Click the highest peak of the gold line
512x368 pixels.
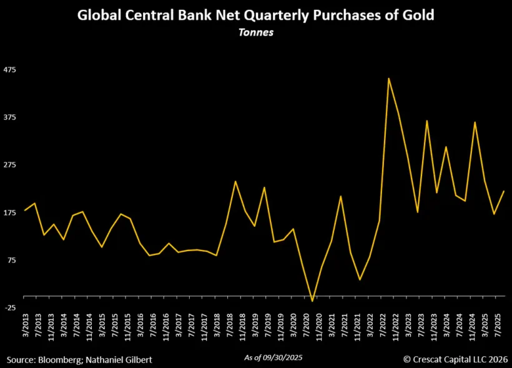pyautogui.click(x=388, y=79)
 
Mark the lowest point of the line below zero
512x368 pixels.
pyautogui.click(x=312, y=301)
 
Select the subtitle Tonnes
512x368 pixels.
pyautogui.click(x=255, y=32)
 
